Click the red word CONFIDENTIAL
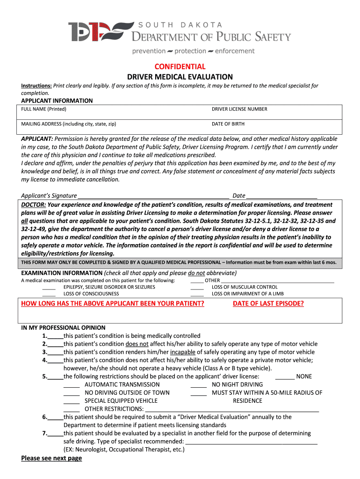180,66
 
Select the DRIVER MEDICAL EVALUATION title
180,77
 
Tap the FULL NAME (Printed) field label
44,109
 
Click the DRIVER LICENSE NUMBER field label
239,109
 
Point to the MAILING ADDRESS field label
69,124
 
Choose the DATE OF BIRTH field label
228,124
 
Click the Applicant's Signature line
153,196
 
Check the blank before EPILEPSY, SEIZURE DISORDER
49,287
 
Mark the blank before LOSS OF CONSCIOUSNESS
49,294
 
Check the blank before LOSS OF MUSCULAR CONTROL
197,287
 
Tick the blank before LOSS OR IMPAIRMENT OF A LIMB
197,294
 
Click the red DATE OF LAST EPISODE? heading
268,304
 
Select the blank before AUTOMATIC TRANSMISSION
72,385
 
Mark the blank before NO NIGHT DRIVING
199,385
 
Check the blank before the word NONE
285,377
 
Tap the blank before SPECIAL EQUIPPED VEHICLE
72,401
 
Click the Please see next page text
51,458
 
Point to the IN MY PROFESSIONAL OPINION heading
64,328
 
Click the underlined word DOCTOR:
34,205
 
